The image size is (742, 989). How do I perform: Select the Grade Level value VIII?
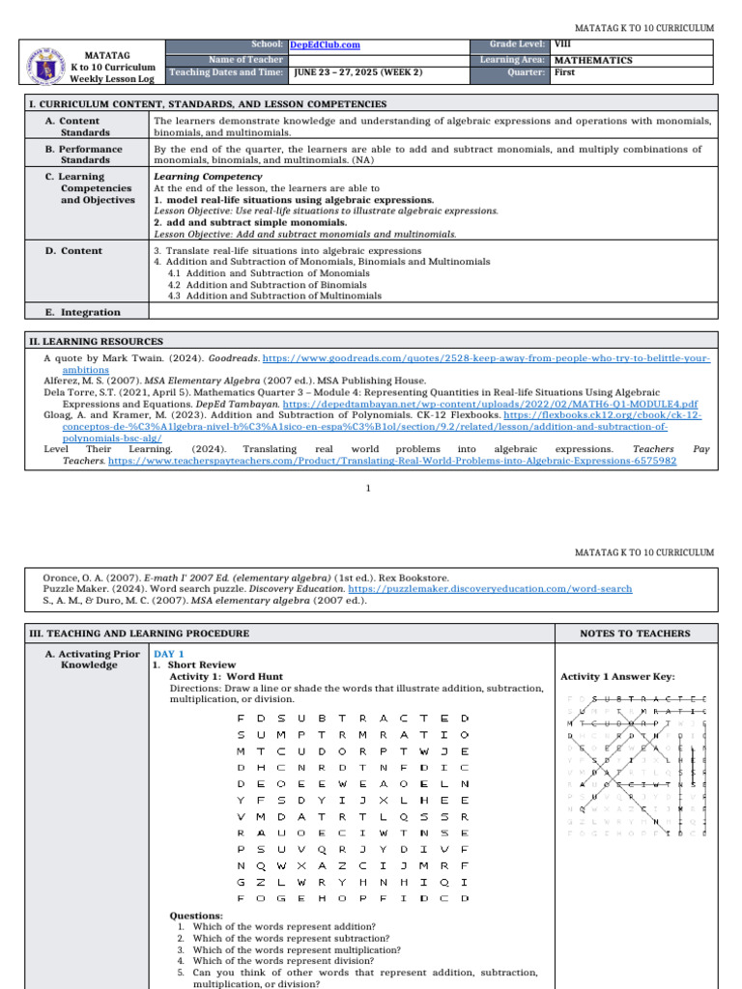coord(561,44)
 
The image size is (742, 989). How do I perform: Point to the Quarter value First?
coord(566,72)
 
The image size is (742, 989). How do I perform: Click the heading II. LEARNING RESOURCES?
coord(95,342)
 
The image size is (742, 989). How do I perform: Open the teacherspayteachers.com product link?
coord(392,462)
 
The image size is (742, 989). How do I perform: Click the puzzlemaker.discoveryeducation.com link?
coord(490,588)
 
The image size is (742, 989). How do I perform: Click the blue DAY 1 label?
coord(169,654)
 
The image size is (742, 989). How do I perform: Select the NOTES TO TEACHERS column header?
coord(635,634)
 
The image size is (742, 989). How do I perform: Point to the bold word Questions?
coord(196,916)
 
